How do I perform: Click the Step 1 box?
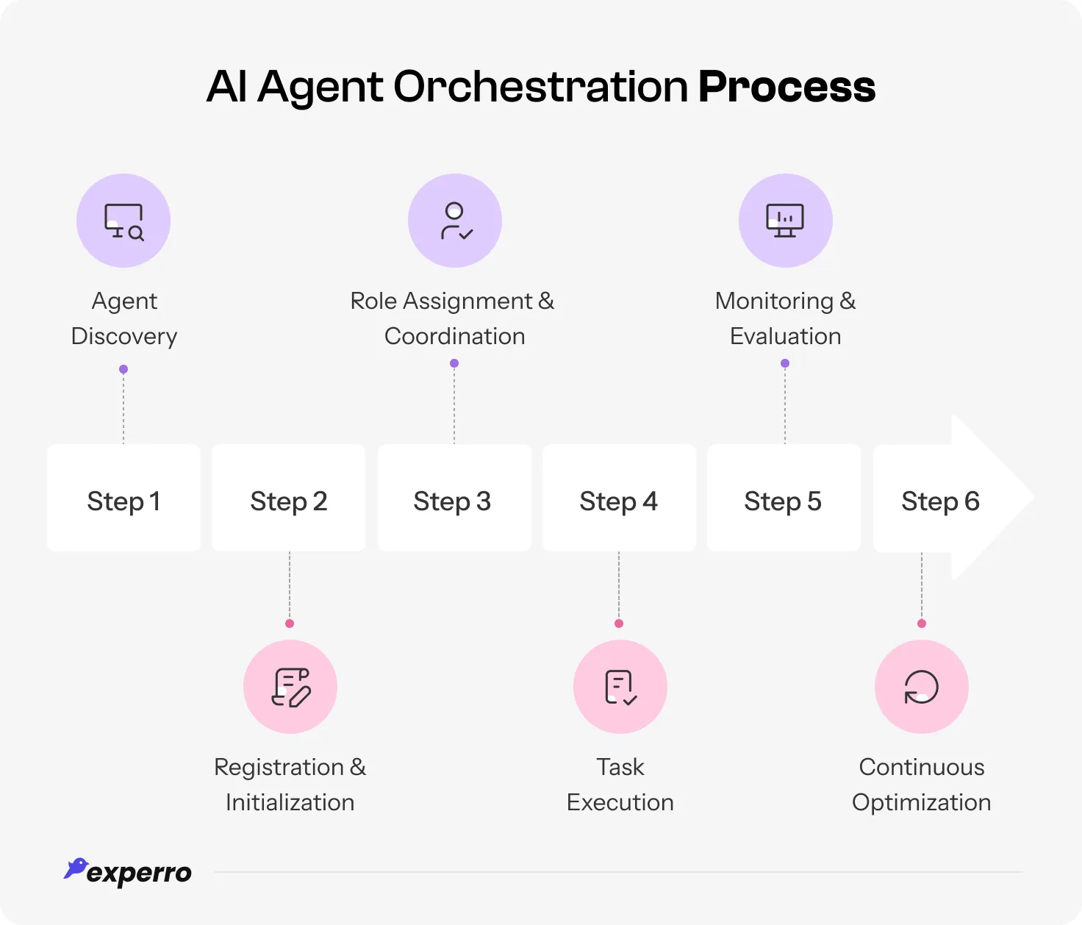123,498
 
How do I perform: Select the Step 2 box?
288,498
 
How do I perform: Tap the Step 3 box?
454,498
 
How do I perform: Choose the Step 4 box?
619,498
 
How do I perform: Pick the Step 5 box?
784,498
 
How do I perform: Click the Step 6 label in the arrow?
940,501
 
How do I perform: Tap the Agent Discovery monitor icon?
123,221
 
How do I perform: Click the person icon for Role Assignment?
455,221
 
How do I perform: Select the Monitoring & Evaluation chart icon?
785,221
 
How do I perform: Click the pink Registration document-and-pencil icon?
290,687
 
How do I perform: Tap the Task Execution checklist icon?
620,687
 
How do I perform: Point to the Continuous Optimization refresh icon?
921,687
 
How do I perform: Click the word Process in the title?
787,87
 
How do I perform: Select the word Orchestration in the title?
540,87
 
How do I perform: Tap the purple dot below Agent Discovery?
123,369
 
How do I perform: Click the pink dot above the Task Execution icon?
619,624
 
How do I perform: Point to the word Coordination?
454,336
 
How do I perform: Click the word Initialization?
290,802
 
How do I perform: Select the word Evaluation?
785,336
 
